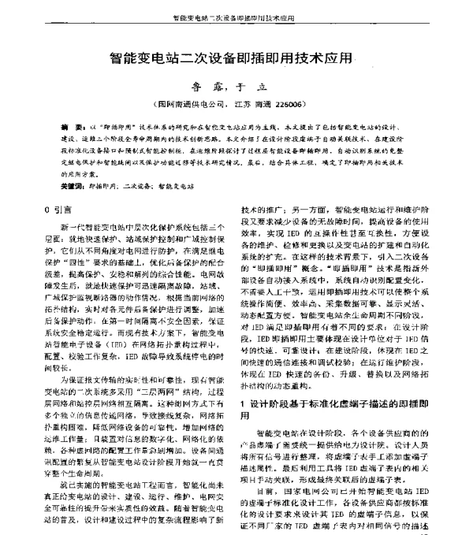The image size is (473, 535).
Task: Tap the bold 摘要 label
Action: [x=70, y=126]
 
